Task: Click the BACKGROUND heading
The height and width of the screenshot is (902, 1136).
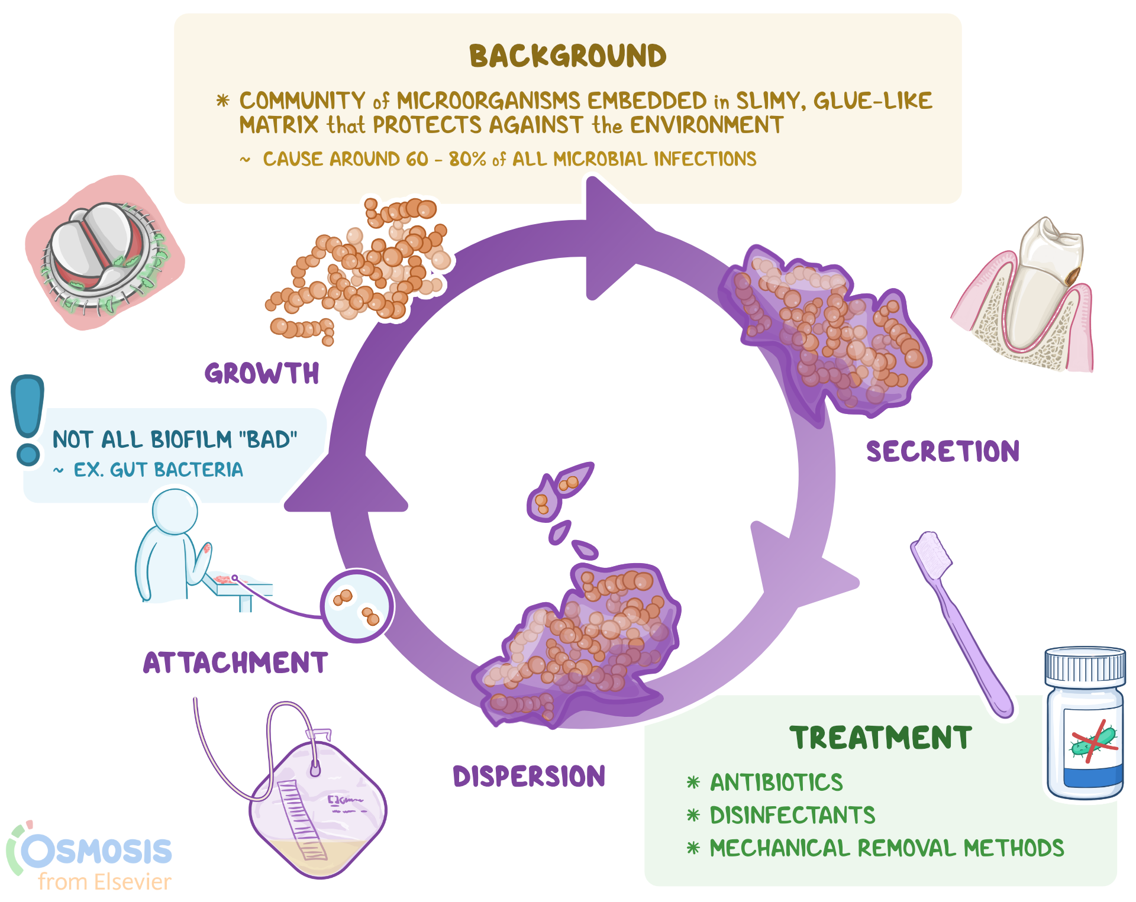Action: coord(567,56)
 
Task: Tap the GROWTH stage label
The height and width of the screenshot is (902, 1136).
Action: coord(262,374)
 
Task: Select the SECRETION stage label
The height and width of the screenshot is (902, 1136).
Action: coord(943,451)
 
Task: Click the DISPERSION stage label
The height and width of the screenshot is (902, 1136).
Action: coord(529,777)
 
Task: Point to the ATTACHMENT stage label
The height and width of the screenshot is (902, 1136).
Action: coord(235,663)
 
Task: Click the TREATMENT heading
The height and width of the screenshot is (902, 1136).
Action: coord(880,738)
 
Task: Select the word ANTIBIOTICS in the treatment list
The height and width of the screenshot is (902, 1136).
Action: coord(776,783)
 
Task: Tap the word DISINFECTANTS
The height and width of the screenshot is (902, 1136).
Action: coord(792,816)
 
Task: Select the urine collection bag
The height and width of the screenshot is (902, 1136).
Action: coord(317,810)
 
